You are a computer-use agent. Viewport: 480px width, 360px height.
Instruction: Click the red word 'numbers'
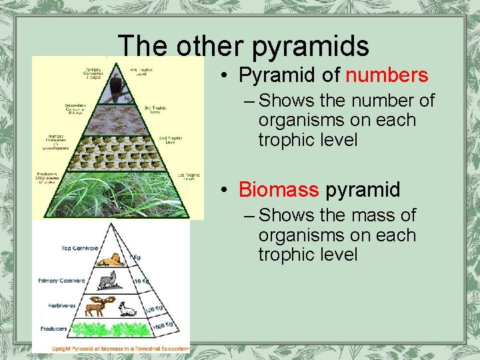click(x=387, y=75)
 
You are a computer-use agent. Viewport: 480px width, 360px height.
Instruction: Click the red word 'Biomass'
click(x=279, y=190)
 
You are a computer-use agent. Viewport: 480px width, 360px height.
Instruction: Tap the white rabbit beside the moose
click(x=127, y=308)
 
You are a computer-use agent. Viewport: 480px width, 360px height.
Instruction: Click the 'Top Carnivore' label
click(x=79, y=248)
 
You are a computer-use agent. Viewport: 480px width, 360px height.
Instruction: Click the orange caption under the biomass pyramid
click(x=111, y=348)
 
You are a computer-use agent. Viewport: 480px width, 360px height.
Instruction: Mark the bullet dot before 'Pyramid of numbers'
click(x=227, y=76)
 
